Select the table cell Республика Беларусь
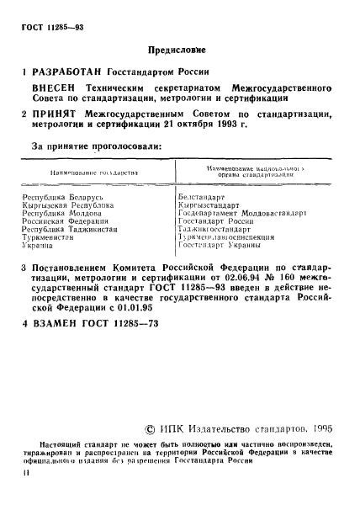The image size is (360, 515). coord(61,195)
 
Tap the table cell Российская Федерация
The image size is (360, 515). coord(65,220)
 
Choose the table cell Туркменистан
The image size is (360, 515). coord(52,236)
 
